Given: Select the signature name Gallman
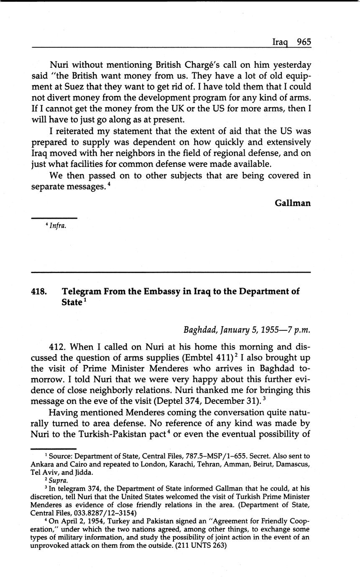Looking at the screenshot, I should click(x=293, y=203).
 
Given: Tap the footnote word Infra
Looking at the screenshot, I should click(x=58, y=226).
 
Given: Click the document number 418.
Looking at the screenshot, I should click(x=40, y=291).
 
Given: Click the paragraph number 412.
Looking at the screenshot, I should click(x=58, y=347).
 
